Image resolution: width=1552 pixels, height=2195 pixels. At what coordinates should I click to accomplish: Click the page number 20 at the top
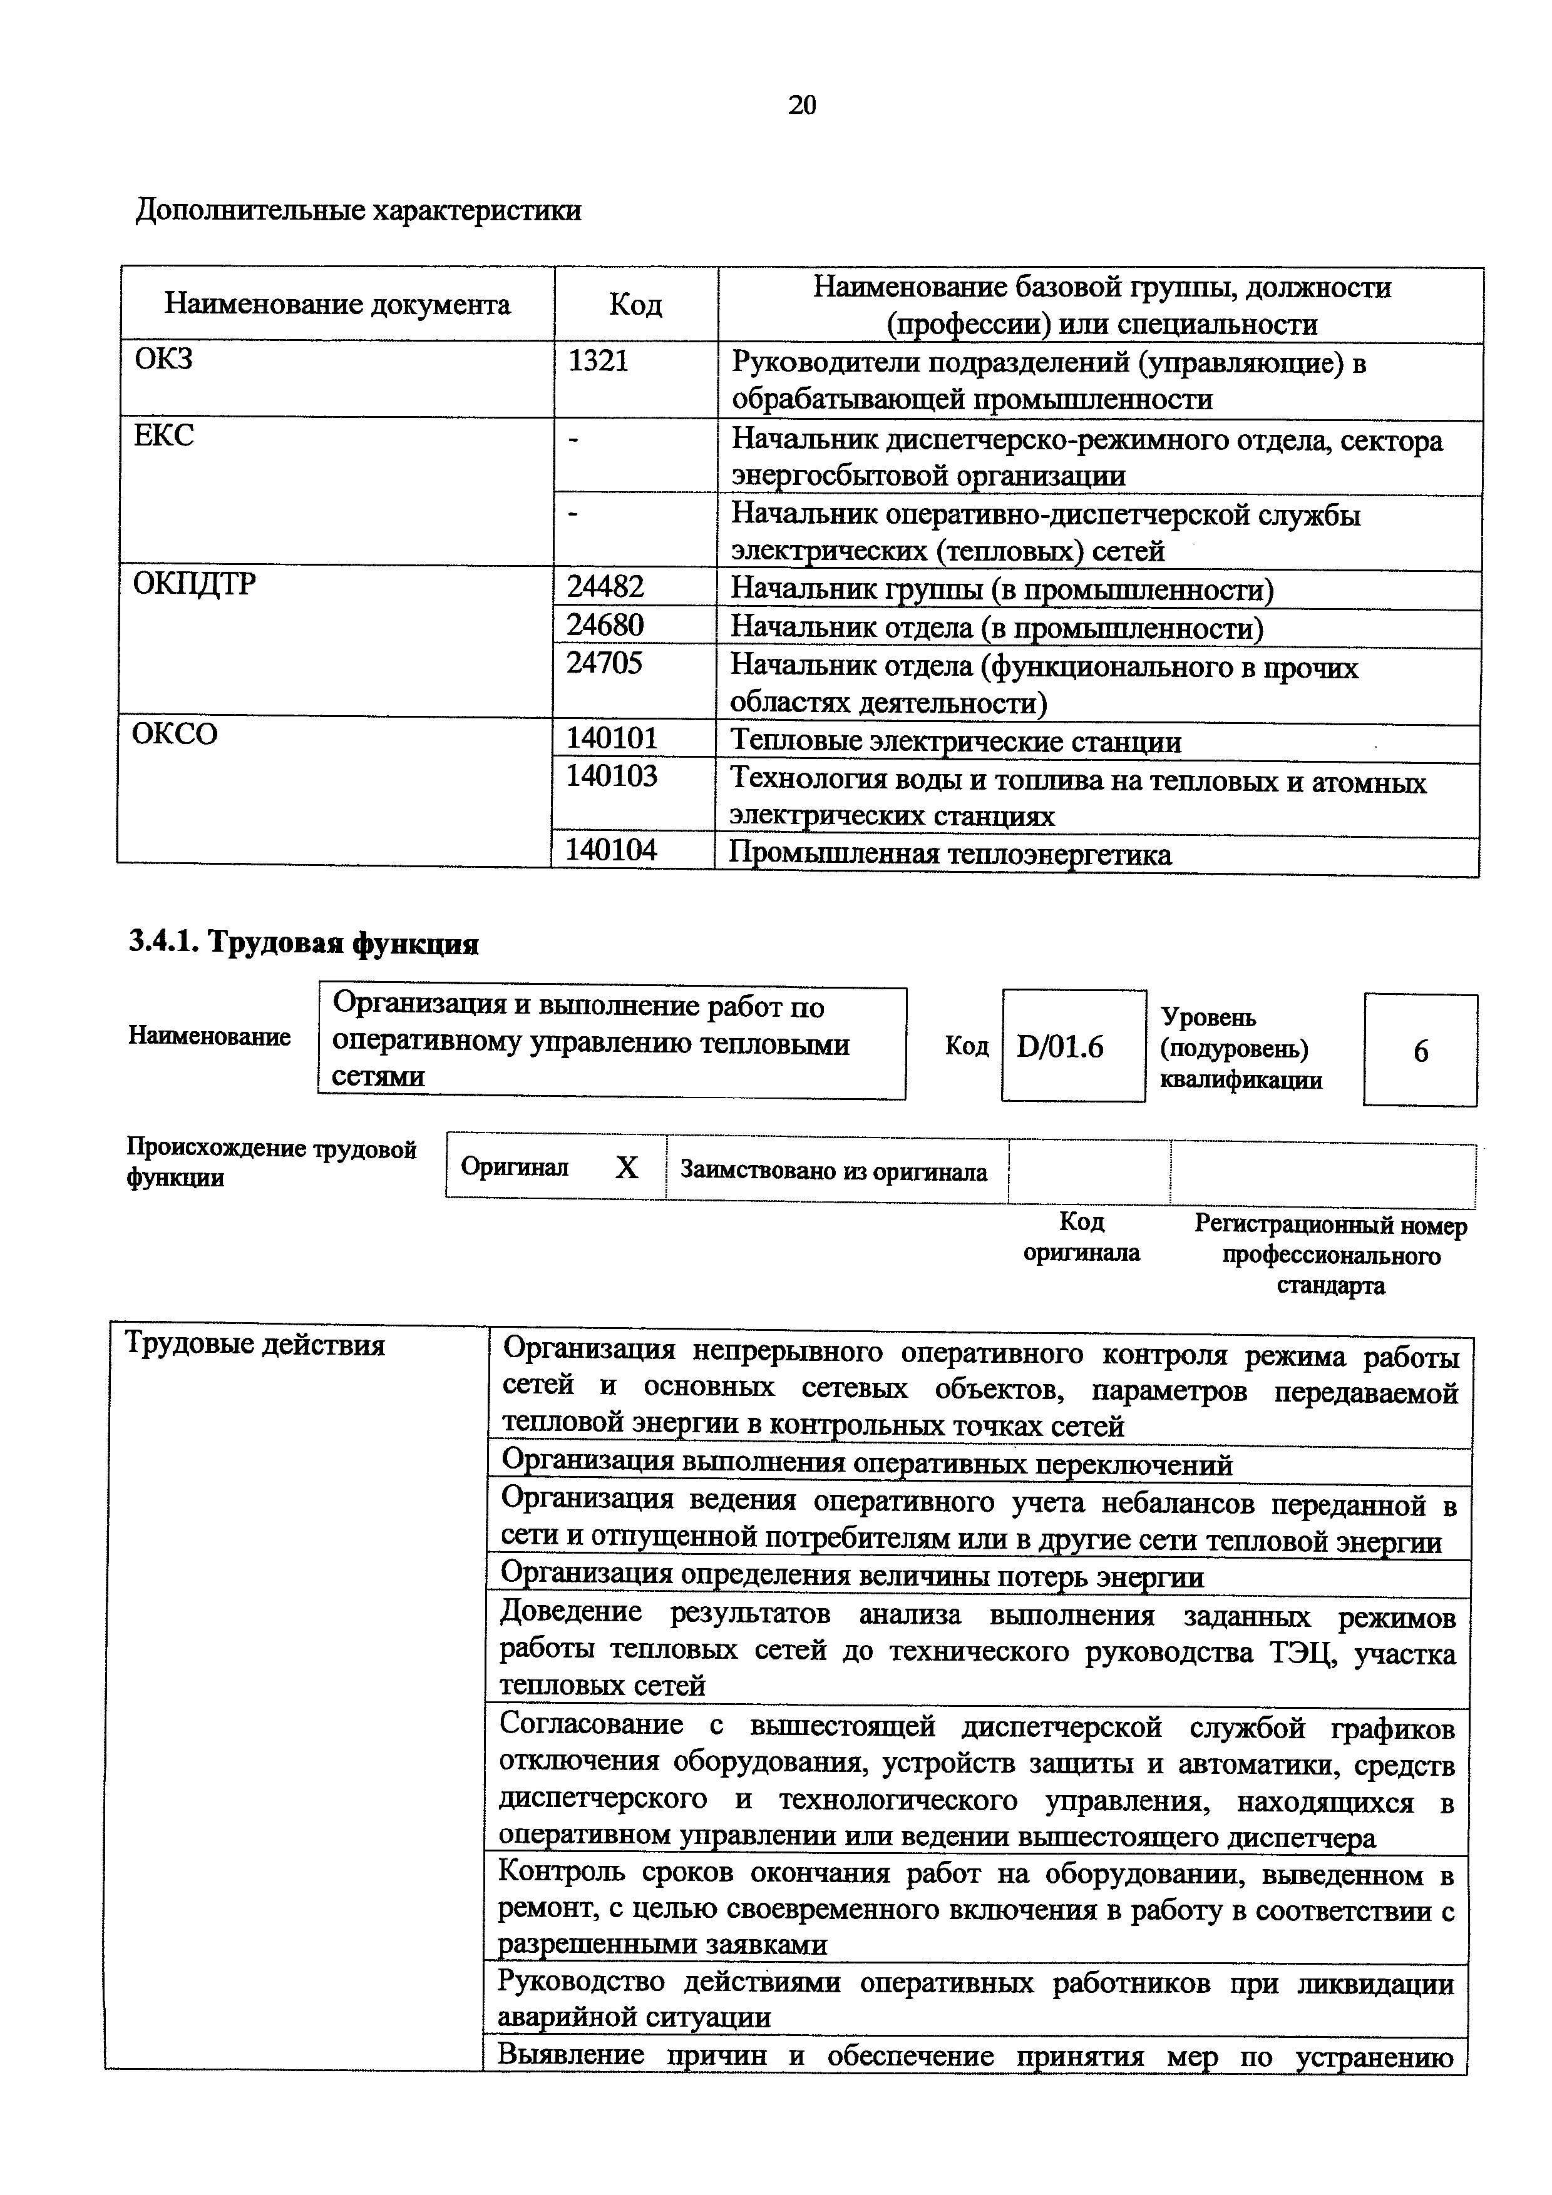(801, 105)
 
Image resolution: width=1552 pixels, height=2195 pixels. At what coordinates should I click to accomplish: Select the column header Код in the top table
(635, 305)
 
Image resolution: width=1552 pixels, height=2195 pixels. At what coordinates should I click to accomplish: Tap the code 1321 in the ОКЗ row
(598, 362)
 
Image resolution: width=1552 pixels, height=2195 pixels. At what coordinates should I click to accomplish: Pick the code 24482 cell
(605, 586)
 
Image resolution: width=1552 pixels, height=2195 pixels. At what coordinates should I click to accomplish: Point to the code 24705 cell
(605, 663)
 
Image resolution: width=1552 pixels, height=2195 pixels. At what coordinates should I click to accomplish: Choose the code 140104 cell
(612, 850)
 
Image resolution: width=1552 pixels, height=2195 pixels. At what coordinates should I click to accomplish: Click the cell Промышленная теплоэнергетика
(950, 853)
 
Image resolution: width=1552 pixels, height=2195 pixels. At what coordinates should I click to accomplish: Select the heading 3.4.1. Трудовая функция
(303, 944)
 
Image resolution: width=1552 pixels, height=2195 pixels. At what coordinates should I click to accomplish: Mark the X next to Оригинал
(626, 1168)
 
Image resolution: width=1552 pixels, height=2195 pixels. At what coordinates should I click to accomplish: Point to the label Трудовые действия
(255, 1345)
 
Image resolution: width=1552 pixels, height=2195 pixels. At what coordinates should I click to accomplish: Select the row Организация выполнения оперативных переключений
(866, 1465)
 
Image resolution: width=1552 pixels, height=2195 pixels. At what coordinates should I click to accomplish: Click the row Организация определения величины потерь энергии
(852, 1576)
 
